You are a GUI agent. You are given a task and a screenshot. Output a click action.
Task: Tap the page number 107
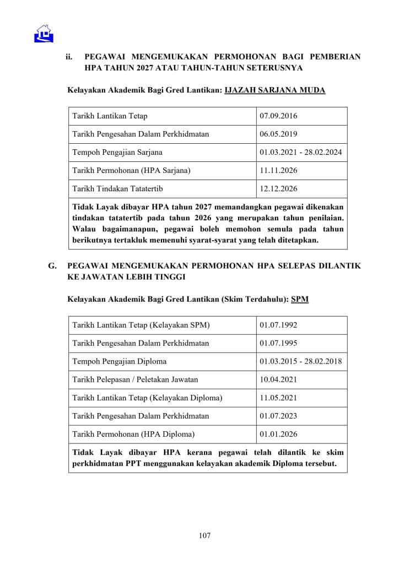coord(204,535)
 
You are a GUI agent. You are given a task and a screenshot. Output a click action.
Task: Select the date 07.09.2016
coord(278,116)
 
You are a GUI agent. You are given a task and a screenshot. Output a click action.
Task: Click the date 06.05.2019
coord(278,134)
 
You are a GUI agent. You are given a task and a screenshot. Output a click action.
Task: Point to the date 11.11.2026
coord(278,171)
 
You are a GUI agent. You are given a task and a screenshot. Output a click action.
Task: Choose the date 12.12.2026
coord(278,189)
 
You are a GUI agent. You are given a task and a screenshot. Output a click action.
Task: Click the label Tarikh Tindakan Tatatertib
coord(117,189)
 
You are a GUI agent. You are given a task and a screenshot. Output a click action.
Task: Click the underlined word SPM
coord(300,299)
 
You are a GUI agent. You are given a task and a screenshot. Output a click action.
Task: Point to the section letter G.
coord(53,265)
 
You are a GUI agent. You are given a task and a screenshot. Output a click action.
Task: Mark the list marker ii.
coord(69,57)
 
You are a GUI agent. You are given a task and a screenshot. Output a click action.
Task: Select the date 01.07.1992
coord(278,326)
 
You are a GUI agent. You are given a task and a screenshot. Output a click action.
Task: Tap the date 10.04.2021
coord(278,380)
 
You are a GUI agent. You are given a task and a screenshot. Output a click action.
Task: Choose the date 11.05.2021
coord(278,398)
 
